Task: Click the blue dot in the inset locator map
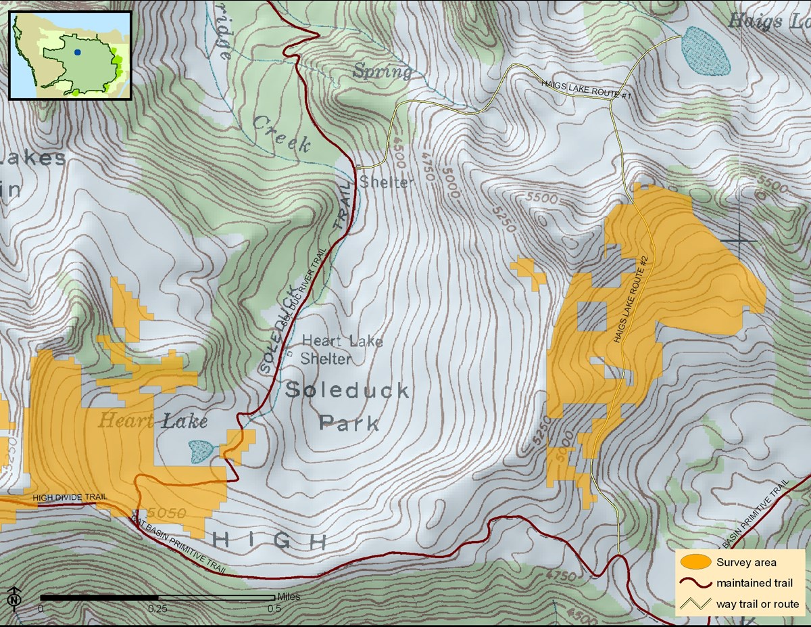pos(78,52)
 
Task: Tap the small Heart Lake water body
pos(201,450)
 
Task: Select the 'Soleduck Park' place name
pos(347,407)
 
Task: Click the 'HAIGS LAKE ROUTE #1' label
pos(585,90)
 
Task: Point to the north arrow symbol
pos(14,598)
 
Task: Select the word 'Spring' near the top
pos(383,71)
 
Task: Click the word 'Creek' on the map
pos(282,133)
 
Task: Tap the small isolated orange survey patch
pos(530,273)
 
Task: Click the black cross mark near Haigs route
pos(739,240)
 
